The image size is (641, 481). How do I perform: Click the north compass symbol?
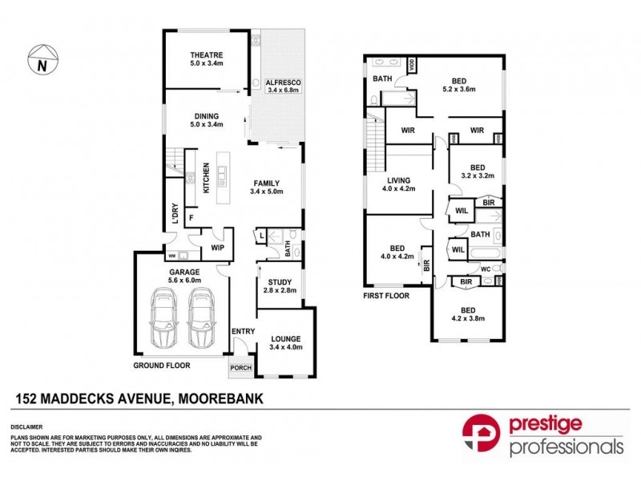click(39, 61)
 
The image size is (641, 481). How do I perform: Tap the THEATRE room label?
click(205, 55)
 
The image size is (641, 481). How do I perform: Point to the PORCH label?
click(240, 368)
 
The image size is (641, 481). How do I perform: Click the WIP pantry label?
click(216, 248)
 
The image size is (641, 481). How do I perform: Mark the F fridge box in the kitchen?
click(191, 217)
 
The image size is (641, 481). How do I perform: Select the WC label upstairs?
click(485, 269)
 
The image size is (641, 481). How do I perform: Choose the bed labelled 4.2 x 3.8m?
click(468, 313)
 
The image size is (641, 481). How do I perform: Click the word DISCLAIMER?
click(26, 427)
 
